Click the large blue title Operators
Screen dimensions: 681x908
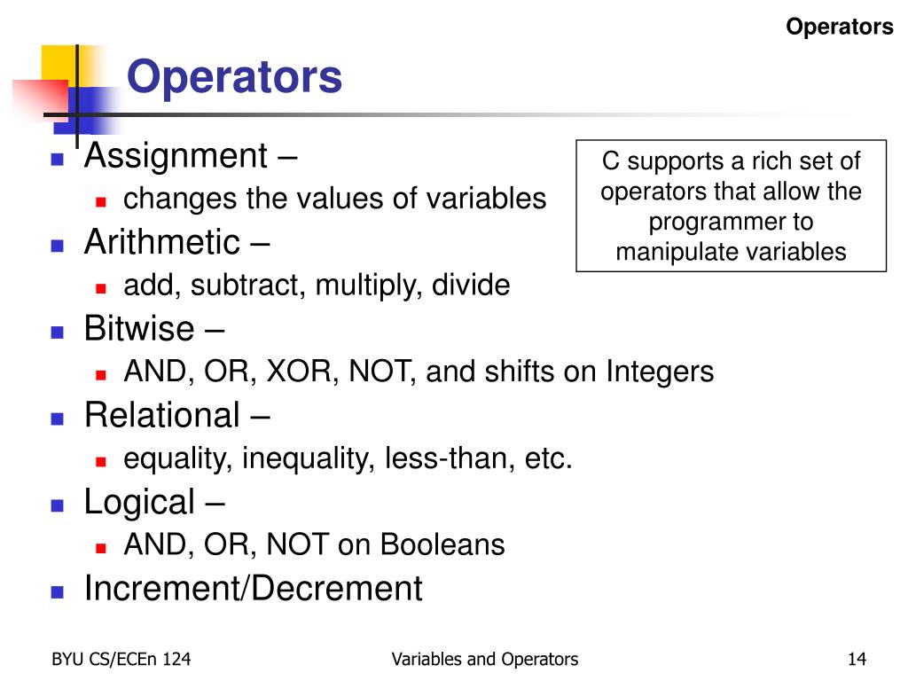(234, 77)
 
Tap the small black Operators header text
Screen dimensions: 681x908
(840, 27)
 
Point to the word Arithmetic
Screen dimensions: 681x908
(161, 242)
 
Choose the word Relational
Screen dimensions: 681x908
(161, 415)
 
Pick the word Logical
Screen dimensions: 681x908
(138, 502)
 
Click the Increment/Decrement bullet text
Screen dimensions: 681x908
(253, 589)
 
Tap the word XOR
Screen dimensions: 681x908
(300, 372)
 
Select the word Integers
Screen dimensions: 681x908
(660, 372)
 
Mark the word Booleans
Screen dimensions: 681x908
(442, 544)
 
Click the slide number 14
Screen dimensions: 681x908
(857, 659)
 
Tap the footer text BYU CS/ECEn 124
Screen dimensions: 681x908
(121, 659)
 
